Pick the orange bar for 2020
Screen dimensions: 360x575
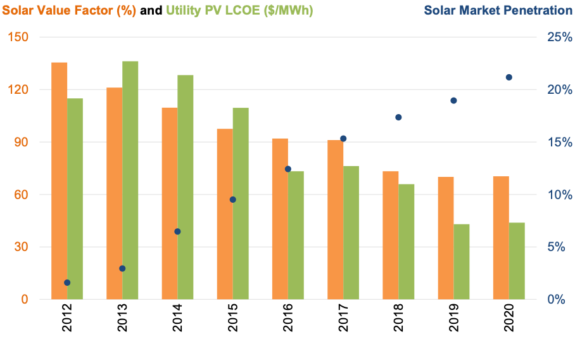(x=501, y=238)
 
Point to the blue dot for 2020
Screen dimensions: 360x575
(x=509, y=77)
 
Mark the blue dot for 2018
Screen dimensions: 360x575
(x=398, y=117)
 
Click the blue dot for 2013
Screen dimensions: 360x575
(x=122, y=269)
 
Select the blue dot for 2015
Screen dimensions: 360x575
(x=233, y=200)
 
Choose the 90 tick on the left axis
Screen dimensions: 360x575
(x=22, y=142)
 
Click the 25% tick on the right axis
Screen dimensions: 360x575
(x=560, y=37)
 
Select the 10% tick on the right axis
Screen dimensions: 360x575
(x=560, y=195)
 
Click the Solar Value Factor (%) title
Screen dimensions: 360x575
(x=69, y=11)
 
